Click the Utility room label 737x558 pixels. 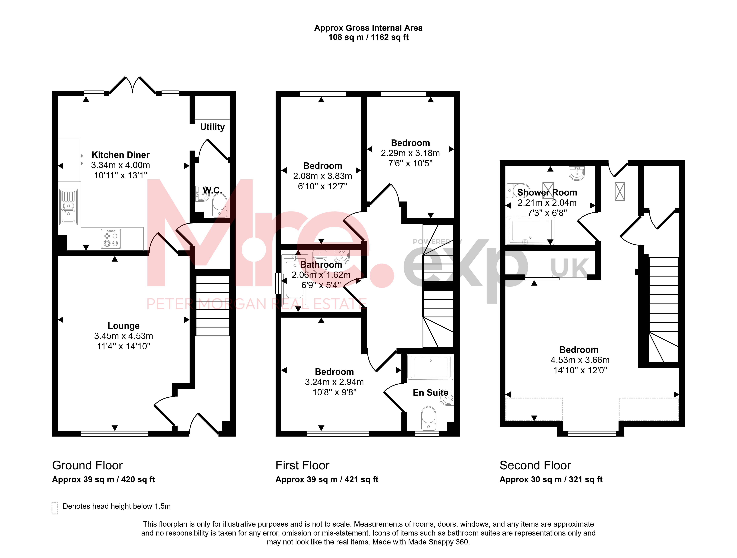tap(212, 127)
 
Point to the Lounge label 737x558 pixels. tap(124, 326)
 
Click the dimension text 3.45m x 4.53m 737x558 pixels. tap(124, 336)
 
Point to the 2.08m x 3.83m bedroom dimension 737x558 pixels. tap(322, 176)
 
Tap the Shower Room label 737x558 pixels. tap(547, 192)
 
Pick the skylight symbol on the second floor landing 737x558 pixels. tap(620, 191)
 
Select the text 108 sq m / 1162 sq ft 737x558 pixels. tap(368, 37)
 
